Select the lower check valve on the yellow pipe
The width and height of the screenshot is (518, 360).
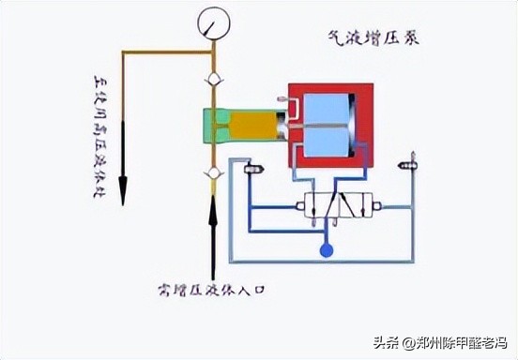[213, 172]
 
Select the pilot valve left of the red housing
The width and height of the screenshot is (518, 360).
[252, 169]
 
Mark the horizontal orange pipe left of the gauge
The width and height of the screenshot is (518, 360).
[164, 54]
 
